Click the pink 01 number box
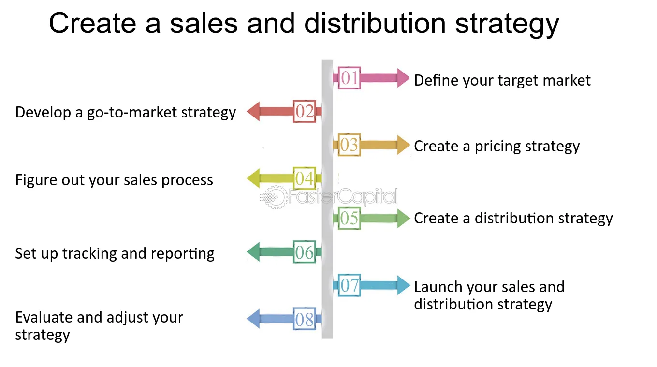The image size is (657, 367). (349, 78)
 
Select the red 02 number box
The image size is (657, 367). (305, 111)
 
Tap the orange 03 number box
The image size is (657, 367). (349, 145)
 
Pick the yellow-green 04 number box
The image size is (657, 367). (305, 178)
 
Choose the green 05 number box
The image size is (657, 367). (349, 218)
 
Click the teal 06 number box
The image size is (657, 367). (305, 252)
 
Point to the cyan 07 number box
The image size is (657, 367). (349, 285)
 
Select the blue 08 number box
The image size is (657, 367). (305, 319)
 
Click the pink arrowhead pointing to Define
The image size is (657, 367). (403, 78)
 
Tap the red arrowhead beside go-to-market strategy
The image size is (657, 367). (253, 111)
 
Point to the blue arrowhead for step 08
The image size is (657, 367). (253, 319)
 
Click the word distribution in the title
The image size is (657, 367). (375, 23)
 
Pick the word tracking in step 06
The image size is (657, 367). (89, 254)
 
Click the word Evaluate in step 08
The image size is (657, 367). (44, 317)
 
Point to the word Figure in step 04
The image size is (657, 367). (36, 180)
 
